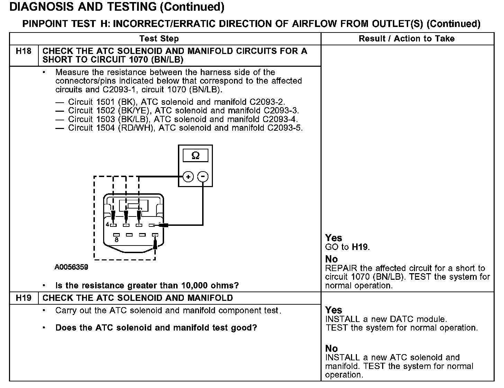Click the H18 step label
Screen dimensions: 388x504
tap(24, 52)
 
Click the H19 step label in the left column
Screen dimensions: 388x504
tap(24, 298)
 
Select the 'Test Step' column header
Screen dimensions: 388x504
tap(159, 39)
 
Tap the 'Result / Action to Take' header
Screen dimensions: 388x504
tap(407, 39)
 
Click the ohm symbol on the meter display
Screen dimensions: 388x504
tap(195, 156)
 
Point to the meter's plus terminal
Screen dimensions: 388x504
tap(188, 177)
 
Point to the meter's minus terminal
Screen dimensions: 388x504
tap(203, 177)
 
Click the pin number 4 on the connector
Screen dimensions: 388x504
tap(107, 224)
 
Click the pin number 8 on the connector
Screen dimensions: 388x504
tap(116, 239)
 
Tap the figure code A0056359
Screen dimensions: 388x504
tap(71, 267)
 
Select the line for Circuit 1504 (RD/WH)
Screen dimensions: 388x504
tap(185, 128)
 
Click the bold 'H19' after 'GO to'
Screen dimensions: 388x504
tap(360, 247)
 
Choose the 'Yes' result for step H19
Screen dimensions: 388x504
tap(333, 310)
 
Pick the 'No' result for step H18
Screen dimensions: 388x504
tap(331, 259)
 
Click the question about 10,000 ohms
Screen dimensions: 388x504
tap(147, 286)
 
